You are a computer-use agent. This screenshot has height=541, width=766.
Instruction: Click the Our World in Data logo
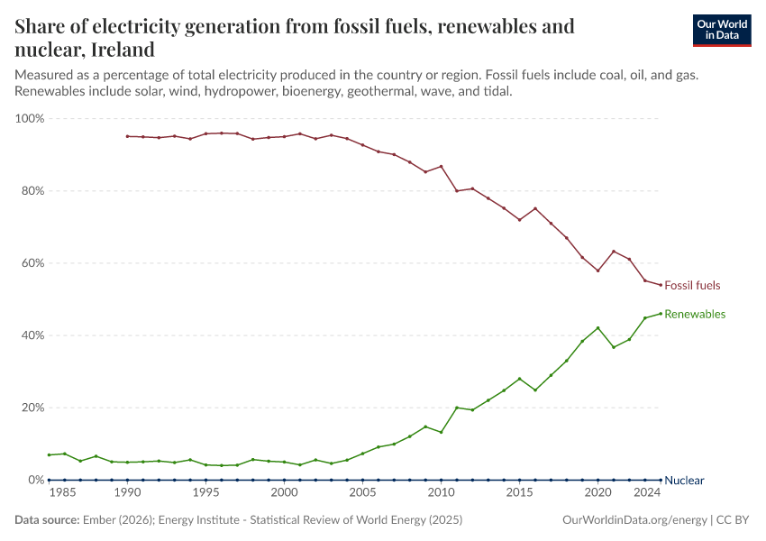coord(721,30)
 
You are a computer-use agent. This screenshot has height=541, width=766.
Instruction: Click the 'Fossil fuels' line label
coord(692,286)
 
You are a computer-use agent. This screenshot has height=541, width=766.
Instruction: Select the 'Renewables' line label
coord(695,315)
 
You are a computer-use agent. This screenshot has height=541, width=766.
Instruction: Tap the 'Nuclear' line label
coord(684,481)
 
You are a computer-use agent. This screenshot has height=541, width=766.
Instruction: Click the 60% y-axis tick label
coord(32,263)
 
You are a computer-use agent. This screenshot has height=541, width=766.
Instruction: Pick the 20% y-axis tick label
coord(32,408)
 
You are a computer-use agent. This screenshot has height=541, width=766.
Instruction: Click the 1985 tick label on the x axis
coord(62,492)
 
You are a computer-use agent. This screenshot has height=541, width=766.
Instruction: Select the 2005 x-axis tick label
coord(362,492)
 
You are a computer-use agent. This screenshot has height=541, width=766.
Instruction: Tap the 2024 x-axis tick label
coord(645,492)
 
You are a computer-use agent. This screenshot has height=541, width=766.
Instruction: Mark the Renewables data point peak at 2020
coord(597,327)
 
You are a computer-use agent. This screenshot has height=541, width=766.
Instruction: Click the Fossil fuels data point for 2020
coord(597,270)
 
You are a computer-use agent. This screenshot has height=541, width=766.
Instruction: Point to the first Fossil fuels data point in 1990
coord(127,136)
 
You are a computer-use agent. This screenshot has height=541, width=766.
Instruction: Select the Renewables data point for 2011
coord(457,408)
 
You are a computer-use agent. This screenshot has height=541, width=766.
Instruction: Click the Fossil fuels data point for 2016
coord(535,208)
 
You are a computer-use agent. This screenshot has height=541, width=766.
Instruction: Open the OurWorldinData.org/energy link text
coord(634,520)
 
